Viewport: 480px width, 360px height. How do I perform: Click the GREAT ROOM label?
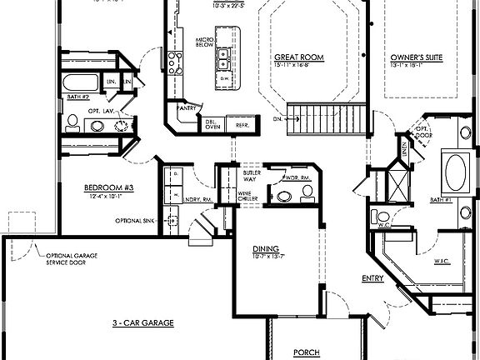(x=299, y=57)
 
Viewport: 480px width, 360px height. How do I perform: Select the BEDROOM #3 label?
(x=108, y=187)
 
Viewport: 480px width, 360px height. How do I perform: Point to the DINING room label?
(x=266, y=248)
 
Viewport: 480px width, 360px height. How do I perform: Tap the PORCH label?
(x=306, y=352)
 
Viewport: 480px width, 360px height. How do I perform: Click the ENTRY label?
(x=372, y=277)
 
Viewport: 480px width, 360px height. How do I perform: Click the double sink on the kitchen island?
(x=222, y=60)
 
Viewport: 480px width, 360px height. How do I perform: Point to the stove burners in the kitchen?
(x=175, y=59)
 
